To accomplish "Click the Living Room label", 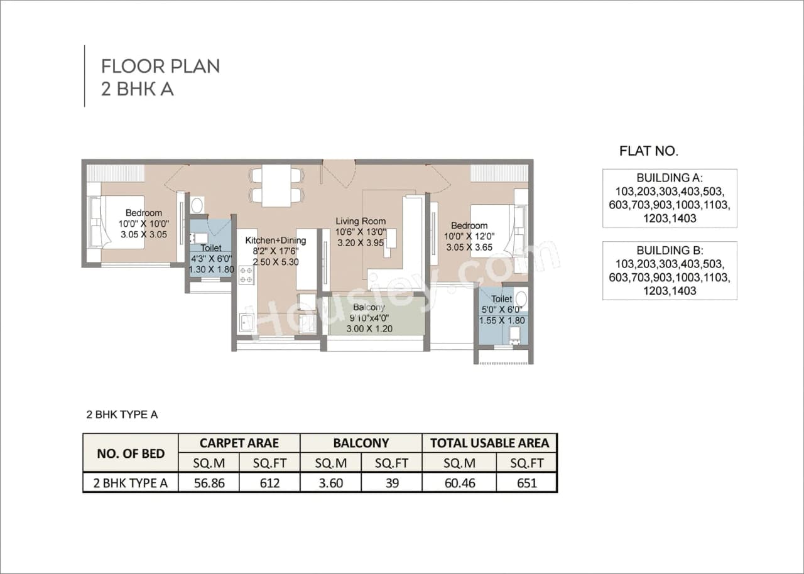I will (361, 221).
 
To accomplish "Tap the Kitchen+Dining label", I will (275, 240).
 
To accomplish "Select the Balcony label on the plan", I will (369, 307).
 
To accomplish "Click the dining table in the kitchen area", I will (276, 185).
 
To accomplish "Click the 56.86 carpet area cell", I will (209, 483).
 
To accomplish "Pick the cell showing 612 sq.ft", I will (269, 483).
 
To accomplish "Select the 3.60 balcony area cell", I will (331, 483).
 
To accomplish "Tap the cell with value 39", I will (391, 483).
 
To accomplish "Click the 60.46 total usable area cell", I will (459, 483).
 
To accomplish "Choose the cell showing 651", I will (526, 483).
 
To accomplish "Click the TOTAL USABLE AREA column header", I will (489, 443).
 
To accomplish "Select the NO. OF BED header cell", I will (131, 453).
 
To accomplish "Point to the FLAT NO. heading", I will (649, 151).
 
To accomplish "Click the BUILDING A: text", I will (669, 177).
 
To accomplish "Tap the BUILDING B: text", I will (669, 250).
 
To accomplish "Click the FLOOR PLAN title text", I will (161, 66).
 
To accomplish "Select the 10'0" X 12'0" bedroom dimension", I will (469, 237).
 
